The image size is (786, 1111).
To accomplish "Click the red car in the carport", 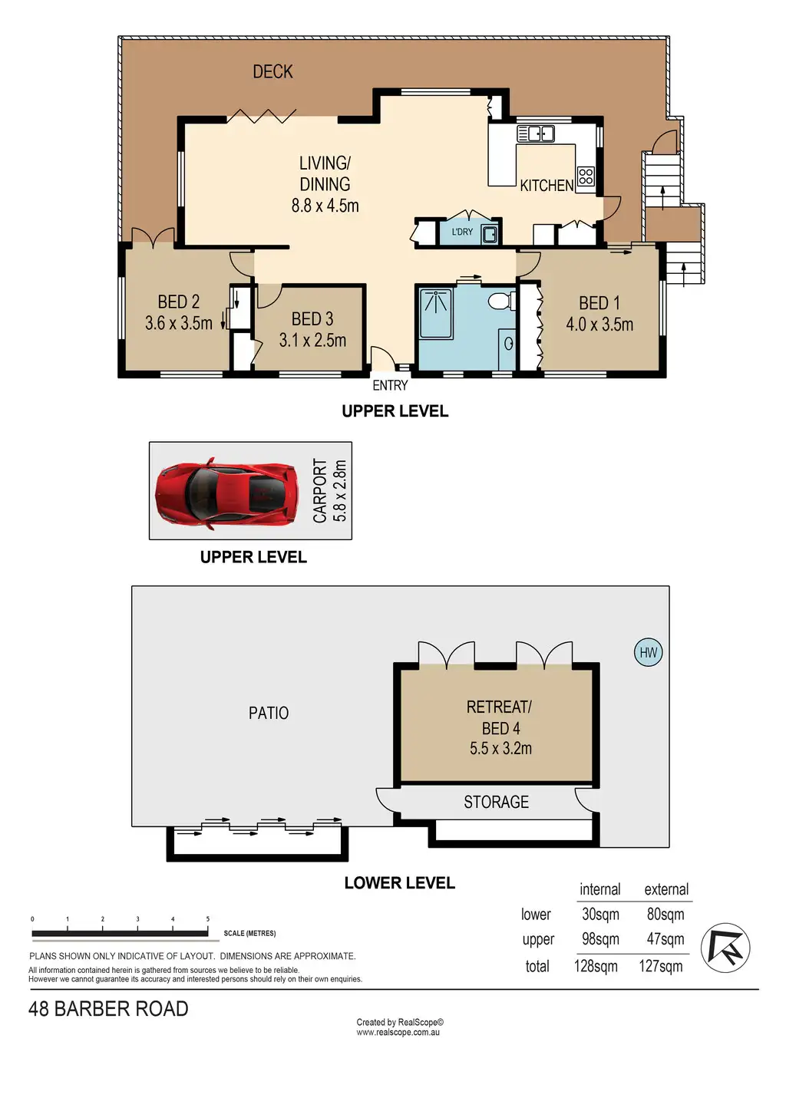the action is (x=226, y=493).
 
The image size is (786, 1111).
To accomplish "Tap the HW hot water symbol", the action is (x=648, y=652).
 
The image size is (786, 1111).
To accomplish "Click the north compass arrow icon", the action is (x=725, y=948).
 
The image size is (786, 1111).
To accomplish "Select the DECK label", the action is (x=272, y=72).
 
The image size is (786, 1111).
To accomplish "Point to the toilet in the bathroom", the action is (x=501, y=301).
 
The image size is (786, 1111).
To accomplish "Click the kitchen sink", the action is (x=536, y=134).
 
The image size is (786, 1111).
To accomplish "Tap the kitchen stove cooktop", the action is (x=586, y=176).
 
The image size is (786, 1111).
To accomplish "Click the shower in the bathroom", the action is (x=436, y=315).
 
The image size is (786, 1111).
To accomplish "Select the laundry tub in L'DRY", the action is (x=490, y=234).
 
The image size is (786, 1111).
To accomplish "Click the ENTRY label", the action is (x=390, y=385).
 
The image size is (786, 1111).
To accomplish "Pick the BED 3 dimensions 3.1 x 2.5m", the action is (x=312, y=340).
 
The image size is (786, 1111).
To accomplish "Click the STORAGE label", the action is (x=496, y=802).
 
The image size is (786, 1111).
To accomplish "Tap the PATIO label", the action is (x=269, y=714).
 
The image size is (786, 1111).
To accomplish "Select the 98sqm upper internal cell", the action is (x=600, y=939).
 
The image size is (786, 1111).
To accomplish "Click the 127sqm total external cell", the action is (x=660, y=966).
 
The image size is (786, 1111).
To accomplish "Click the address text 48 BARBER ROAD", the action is (x=108, y=1009).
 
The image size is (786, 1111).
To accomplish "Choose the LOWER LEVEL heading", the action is (x=399, y=883).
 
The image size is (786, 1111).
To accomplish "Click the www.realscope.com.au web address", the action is (x=398, y=1033).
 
